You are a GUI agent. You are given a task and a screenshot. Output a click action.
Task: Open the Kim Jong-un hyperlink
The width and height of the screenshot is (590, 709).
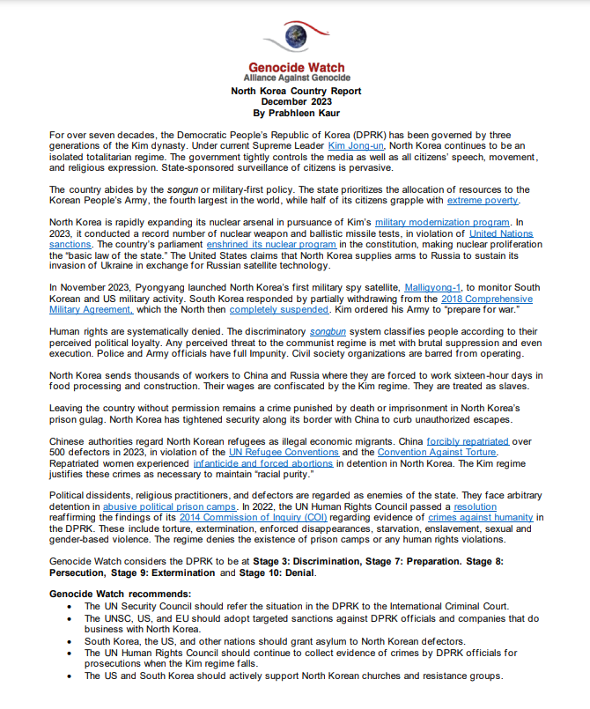[356, 144]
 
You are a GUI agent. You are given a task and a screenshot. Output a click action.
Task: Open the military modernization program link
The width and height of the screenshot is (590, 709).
[442, 222]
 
